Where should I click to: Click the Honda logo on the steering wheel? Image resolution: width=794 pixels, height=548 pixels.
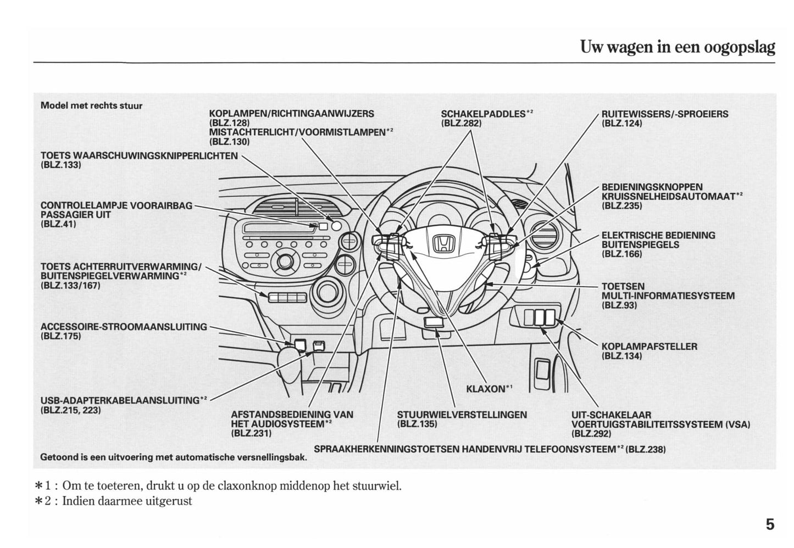pos(441,244)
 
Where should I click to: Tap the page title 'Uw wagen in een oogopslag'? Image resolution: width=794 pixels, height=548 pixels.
pos(677,47)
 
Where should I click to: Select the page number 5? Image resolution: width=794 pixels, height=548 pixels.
pos(770,524)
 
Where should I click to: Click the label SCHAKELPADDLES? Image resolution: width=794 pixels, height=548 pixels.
pos(483,114)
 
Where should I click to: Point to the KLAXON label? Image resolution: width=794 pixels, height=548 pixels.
pos(486,389)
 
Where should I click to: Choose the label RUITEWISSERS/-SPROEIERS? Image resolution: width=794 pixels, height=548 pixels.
pos(664,114)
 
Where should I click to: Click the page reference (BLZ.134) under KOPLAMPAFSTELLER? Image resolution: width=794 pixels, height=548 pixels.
pos(621,356)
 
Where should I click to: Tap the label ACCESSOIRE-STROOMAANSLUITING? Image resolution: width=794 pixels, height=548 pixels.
pos(124,327)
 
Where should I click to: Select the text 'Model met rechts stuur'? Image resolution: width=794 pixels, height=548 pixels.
pos(91,105)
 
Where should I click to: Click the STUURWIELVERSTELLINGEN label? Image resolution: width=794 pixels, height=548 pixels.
pos(462,415)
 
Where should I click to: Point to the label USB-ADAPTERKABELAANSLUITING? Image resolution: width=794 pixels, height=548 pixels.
pos(120,400)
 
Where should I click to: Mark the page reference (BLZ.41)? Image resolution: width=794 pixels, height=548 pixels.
pos(58,224)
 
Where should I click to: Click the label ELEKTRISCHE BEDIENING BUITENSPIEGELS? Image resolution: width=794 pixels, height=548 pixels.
pos(658,240)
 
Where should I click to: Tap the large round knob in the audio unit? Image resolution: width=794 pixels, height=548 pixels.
pos(286,260)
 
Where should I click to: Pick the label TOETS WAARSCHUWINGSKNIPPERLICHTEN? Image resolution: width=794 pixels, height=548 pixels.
pos(139,155)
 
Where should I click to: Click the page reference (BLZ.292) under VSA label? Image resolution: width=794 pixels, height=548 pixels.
pos(592,433)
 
